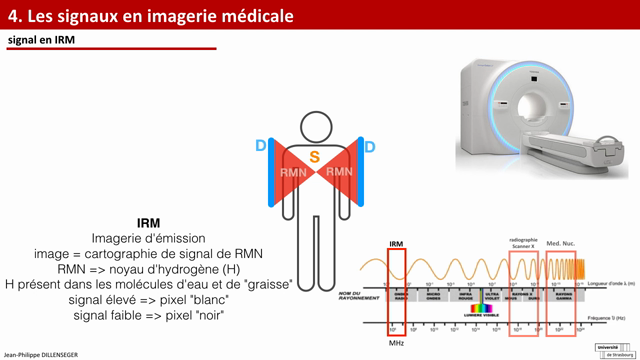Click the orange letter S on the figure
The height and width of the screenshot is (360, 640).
[x=314, y=157]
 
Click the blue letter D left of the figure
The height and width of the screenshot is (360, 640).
[x=261, y=147]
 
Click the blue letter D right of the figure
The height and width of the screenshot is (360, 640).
[x=369, y=147]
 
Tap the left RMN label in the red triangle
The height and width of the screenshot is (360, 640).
[x=293, y=172]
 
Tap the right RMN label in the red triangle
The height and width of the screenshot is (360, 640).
[x=340, y=172]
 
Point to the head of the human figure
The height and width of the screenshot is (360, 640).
[x=315, y=126]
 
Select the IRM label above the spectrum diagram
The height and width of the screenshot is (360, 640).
[x=396, y=243]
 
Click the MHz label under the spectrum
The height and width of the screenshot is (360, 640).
[x=396, y=342]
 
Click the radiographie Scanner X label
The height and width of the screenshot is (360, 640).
[x=523, y=242]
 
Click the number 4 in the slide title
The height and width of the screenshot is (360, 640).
[x=13, y=15]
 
